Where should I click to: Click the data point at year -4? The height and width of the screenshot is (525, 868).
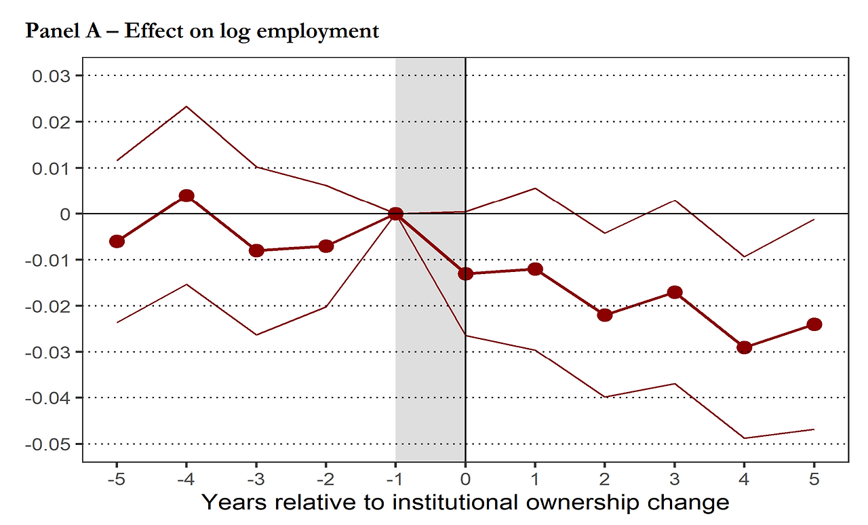186,196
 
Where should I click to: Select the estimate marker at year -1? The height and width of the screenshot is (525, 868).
396,214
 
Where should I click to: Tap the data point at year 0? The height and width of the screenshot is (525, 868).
465,273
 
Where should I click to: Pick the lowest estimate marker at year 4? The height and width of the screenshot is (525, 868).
745,347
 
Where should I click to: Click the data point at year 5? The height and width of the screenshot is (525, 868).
814,324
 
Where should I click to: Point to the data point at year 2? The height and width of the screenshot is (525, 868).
605,315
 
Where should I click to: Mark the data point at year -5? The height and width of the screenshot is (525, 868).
117,241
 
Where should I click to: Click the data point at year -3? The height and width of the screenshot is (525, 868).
256,250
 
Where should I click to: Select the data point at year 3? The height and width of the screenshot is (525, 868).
675,292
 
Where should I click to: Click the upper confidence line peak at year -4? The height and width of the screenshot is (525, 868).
186,106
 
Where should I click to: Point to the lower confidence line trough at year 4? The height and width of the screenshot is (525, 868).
745,438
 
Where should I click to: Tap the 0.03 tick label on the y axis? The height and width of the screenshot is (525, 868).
52,75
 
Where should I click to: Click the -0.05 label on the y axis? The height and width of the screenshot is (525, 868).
50,444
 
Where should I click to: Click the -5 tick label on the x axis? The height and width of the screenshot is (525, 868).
117,478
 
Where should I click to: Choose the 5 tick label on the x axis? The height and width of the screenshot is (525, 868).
814,478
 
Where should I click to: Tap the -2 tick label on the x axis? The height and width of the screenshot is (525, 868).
325,478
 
